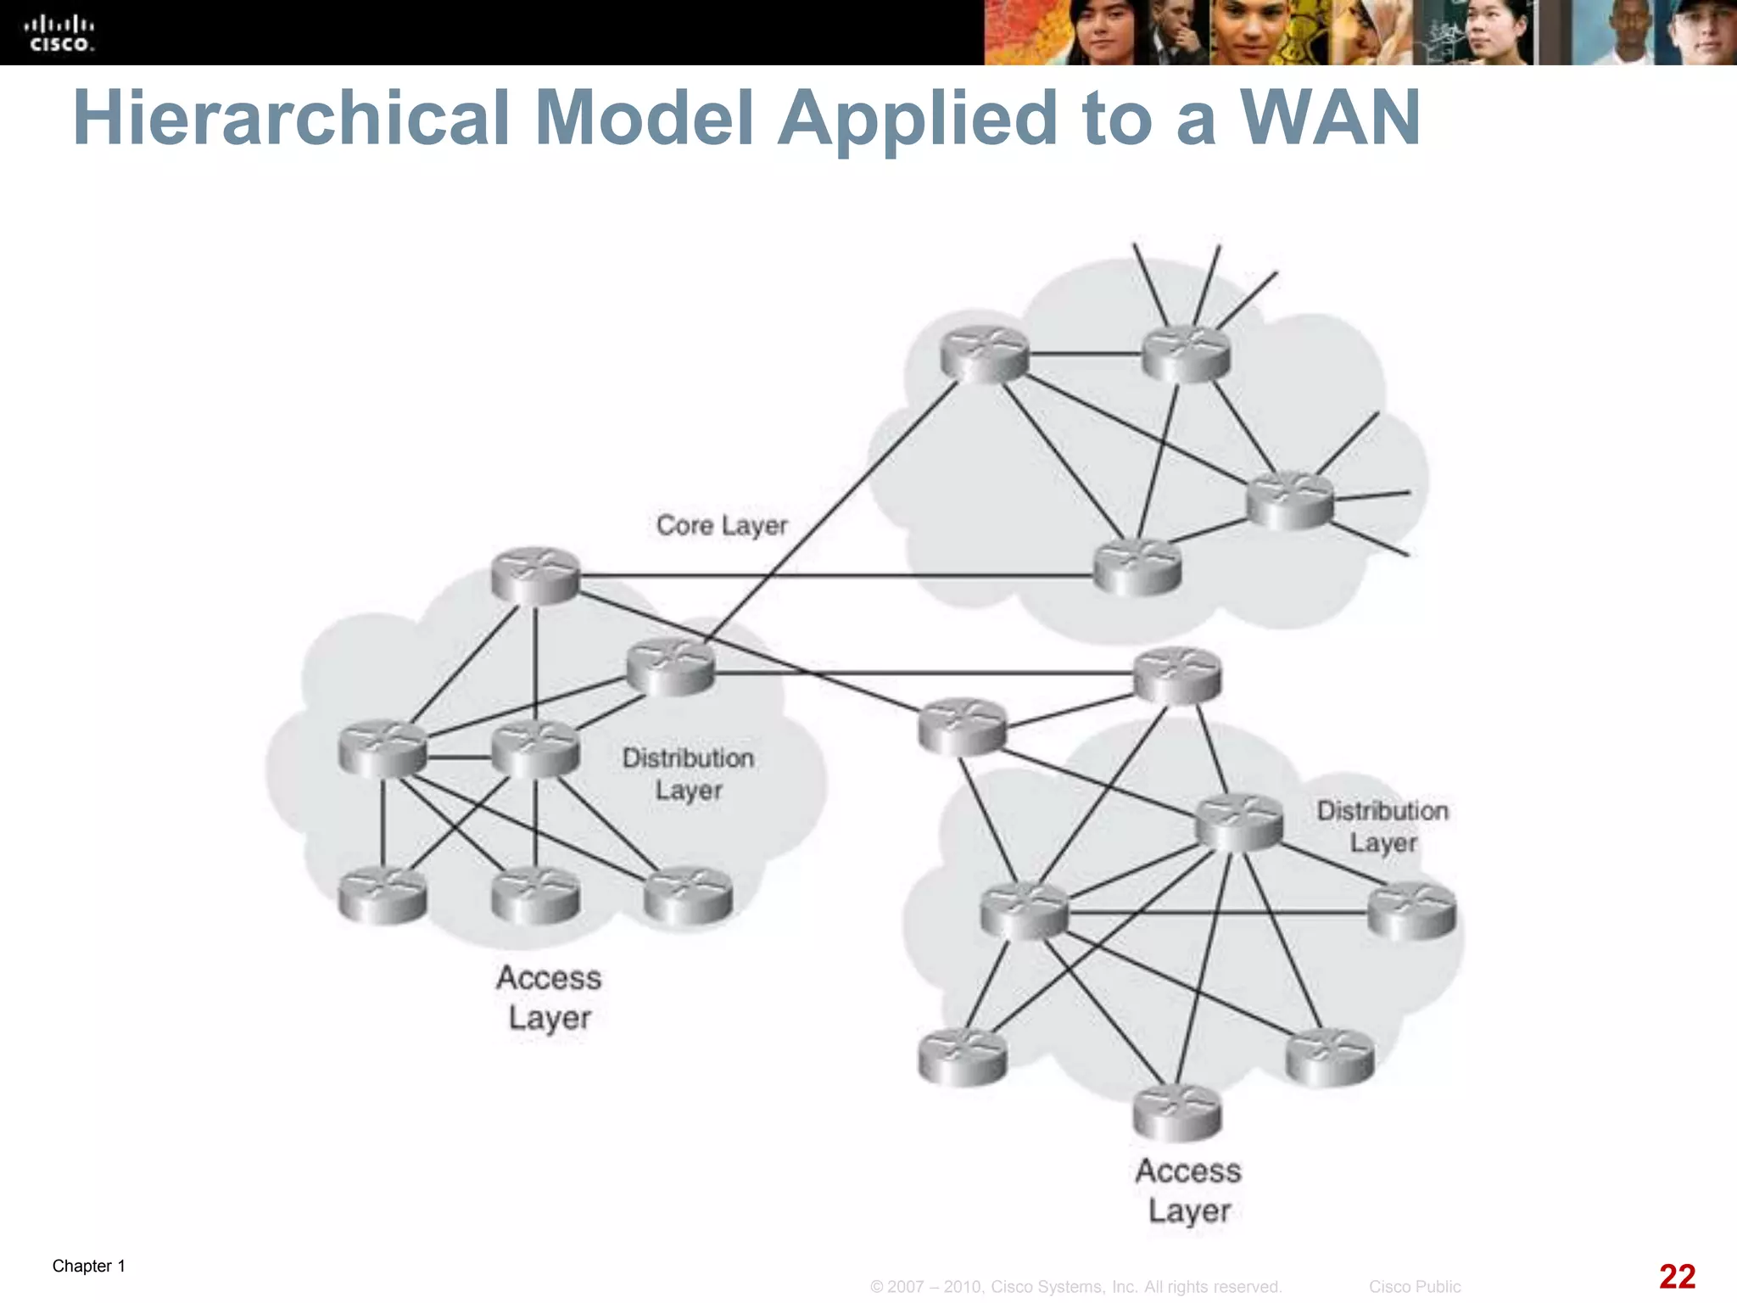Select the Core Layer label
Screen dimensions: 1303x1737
[x=722, y=525]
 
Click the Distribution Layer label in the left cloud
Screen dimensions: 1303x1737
[x=688, y=774]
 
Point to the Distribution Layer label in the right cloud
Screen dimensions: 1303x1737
[x=1382, y=826]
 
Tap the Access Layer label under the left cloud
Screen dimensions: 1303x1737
[x=550, y=997]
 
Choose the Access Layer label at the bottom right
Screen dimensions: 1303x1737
[x=1188, y=1190]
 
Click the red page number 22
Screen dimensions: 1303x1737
[x=1676, y=1276]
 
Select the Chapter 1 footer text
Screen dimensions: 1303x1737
[x=88, y=1266]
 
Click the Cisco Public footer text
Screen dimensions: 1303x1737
[x=1414, y=1287]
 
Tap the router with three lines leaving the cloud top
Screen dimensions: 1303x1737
[x=1186, y=355]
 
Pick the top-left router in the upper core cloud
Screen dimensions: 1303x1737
[x=984, y=355]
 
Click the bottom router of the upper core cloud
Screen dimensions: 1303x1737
[x=1137, y=567]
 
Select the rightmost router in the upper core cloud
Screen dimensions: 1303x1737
[x=1289, y=500]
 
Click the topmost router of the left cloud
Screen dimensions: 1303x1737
[x=535, y=576]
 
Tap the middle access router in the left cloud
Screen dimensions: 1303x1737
[x=535, y=895]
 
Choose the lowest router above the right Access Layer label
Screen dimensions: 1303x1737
[x=1177, y=1112]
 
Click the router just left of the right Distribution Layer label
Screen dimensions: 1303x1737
[x=1238, y=821]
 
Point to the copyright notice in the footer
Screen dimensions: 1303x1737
[x=1075, y=1287]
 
